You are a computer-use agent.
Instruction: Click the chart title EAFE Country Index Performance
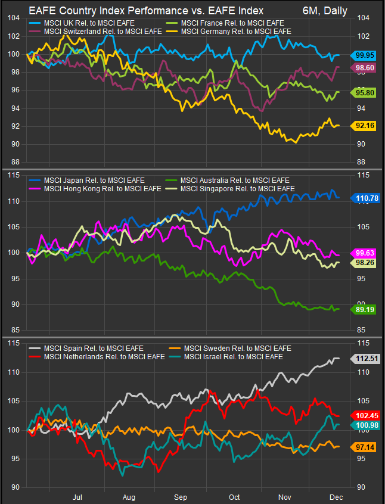(146, 11)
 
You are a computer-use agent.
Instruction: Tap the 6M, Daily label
(325, 11)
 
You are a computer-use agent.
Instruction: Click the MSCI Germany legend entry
(235, 30)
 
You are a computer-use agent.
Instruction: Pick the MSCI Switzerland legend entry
(98, 30)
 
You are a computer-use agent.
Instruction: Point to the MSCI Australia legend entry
(234, 180)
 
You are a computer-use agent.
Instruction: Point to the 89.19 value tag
(364, 309)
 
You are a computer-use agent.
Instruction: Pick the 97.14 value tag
(364, 446)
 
